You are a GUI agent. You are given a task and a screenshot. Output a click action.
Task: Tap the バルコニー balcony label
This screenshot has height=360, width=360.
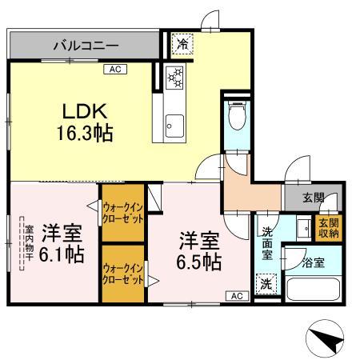tap(86, 46)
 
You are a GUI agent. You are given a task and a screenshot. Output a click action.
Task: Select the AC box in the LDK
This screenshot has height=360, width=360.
tap(115, 70)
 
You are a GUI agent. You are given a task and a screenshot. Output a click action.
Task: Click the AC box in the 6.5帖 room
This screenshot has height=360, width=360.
tap(237, 296)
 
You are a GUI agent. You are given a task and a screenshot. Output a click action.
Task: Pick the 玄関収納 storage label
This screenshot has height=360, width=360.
tap(329, 228)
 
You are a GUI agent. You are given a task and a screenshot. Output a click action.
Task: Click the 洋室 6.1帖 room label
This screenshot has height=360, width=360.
tap(63, 243)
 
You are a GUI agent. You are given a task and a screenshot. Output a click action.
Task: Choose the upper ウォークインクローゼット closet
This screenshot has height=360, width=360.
tap(122, 212)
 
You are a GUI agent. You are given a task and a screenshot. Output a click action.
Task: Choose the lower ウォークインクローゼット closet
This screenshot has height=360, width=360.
tap(122, 274)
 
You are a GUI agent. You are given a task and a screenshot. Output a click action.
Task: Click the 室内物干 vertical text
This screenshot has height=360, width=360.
tap(26, 243)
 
